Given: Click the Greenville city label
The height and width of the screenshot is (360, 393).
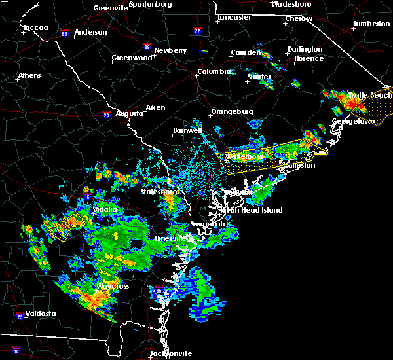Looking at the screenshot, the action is coord(110,8).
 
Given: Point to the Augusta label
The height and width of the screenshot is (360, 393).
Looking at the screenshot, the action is coord(129,113).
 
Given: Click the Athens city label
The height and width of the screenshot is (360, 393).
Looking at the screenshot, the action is coord(29,75).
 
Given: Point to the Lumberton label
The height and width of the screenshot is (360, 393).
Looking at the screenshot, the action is coord(371,24).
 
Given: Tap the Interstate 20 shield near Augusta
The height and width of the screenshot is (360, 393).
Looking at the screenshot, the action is coord(106,115).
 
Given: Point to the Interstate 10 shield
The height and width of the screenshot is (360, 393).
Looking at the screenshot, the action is coord(16,351).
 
